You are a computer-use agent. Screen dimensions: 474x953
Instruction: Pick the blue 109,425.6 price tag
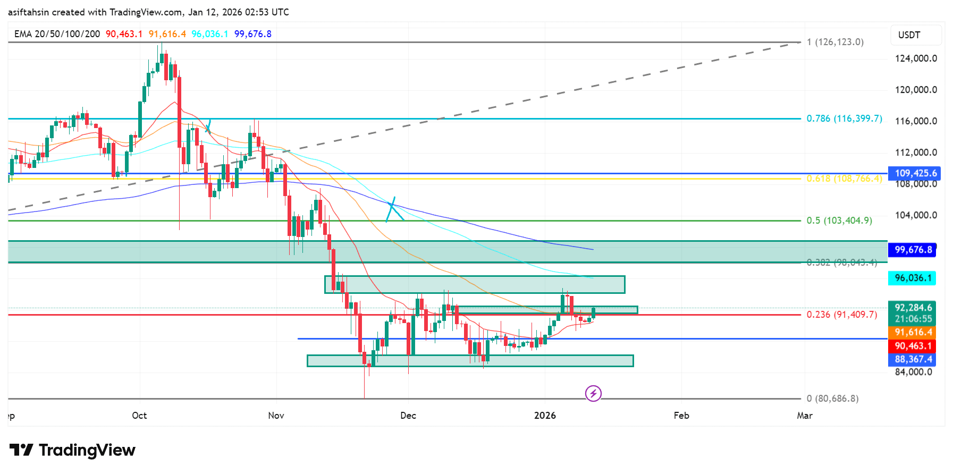tap(915, 173)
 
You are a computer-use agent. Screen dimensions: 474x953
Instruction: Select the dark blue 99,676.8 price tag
tap(913, 250)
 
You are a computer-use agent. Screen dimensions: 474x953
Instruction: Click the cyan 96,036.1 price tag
tap(913, 278)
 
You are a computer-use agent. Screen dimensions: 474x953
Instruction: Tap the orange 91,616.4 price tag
tap(913, 332)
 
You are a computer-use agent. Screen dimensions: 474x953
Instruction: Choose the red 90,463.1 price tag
tap(913, 346)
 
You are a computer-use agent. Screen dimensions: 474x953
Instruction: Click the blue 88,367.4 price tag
tap(913, 360)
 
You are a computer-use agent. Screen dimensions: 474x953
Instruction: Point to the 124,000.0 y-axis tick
tap(916, 58)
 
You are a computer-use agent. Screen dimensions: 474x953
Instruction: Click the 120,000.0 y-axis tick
tap(916, 90)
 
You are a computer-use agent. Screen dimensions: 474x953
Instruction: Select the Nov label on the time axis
tap(276, 416)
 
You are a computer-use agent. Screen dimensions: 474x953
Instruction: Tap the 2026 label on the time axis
tap(545, 416)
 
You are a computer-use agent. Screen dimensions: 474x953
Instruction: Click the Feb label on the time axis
tap(681, 416)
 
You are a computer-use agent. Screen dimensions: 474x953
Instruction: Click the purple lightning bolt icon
tap(593, 393)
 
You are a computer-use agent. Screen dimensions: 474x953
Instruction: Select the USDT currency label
tap(909, 35)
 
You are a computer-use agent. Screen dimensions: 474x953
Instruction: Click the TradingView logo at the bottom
tap(73, 451)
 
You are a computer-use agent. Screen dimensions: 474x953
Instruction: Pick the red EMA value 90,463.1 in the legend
tap(124, 34)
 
